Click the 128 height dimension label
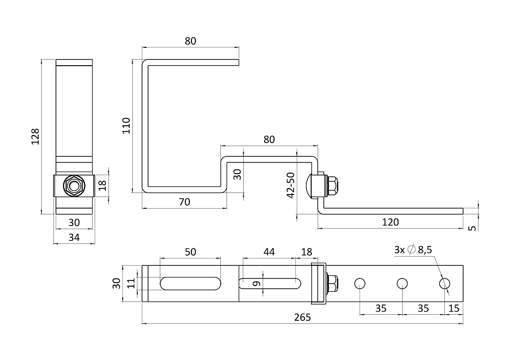point(35,136)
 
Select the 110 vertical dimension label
point(126,126)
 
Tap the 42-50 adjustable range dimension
point(291,185)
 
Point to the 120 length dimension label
point(390,222)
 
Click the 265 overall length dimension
point(302,317)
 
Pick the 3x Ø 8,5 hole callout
point(413,250)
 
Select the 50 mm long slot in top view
point(190,284)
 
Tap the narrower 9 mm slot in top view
point(270,284)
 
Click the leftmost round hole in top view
point(360,284)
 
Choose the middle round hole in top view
point(402,284)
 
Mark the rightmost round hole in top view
point(445,284)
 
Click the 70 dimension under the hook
point(184,202)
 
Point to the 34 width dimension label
point(74,237)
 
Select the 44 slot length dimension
point(269,252)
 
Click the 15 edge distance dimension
point(454,308)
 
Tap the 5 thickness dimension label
point(473,228)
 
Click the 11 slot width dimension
point(131,283)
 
